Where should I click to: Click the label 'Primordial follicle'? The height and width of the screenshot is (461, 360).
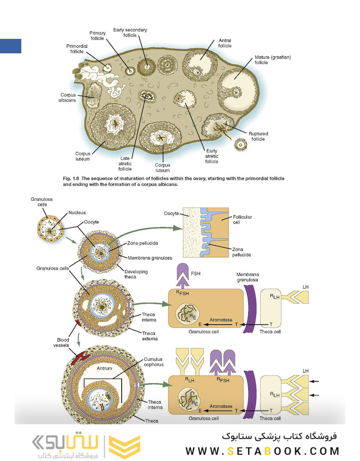pos(77,49)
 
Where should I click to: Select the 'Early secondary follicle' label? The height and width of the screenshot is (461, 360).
pos(130,33)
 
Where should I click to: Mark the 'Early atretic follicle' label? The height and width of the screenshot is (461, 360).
pos(212,156)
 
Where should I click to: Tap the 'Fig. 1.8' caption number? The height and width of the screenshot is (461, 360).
pos(72,178)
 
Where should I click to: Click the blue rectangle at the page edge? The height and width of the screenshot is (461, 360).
pos(10,46)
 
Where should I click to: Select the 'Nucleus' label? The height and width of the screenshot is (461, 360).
pos(77,212)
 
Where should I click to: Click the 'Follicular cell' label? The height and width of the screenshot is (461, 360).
pos(242,220)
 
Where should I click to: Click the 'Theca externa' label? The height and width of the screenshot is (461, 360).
pos(149,336)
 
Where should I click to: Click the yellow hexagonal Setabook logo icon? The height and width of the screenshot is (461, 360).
pos(124,447)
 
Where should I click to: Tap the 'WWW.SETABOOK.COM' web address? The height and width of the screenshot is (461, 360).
pos(262,451)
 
